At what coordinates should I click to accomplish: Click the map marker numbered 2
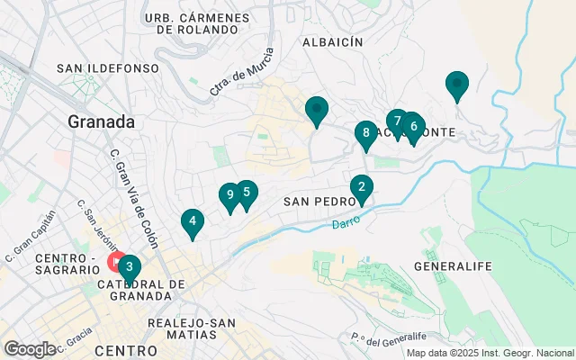[361, 187]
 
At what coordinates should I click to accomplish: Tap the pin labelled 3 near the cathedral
[130, 267]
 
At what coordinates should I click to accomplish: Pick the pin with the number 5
[246, 193]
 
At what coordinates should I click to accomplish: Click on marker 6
[413, 126]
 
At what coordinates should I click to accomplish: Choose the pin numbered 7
[397, 121]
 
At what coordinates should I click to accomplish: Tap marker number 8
[364, 134]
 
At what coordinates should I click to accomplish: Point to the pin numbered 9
[230, 194]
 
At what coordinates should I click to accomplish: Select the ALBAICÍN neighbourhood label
[332, 42]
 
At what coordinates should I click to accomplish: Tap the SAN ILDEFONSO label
[107, 68]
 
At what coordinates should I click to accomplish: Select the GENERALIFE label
[451, 267]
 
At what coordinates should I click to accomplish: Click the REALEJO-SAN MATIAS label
[193, 329]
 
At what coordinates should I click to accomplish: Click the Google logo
[30, 348]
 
